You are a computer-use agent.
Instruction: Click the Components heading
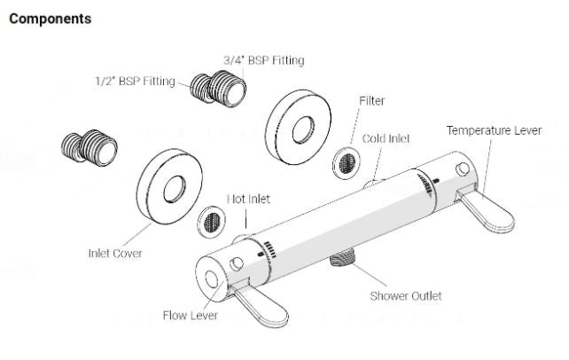50,19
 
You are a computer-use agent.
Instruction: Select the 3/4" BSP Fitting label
263,60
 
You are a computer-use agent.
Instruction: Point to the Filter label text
371,100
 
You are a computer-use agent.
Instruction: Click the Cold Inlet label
386,138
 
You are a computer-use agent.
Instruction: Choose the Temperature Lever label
493,130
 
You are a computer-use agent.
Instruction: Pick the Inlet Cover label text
114,254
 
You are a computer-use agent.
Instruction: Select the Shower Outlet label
405,295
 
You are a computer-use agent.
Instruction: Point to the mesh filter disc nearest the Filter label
345,160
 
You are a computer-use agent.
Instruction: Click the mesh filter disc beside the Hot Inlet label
212,219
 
